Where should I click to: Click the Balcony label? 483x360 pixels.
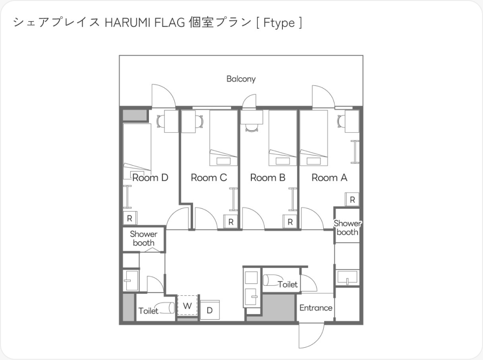241,79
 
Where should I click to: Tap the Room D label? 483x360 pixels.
150,177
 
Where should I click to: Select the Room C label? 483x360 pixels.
209,177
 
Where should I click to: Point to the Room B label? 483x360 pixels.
268,177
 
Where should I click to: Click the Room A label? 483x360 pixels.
329,177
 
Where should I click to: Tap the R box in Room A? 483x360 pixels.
352,199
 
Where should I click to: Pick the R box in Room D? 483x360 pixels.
130,218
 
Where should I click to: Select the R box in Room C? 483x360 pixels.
231,222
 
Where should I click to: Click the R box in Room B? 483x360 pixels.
290,222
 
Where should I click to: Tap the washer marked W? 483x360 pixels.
187,306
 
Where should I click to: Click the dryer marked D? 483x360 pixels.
210,310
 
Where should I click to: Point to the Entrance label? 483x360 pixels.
316,308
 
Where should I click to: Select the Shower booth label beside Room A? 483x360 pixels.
348,228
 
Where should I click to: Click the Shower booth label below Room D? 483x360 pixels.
144,238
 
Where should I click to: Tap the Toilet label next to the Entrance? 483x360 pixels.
288,284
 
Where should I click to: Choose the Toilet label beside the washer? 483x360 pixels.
148,311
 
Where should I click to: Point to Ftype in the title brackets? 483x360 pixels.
279,23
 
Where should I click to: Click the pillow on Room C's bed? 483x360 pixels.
223,161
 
